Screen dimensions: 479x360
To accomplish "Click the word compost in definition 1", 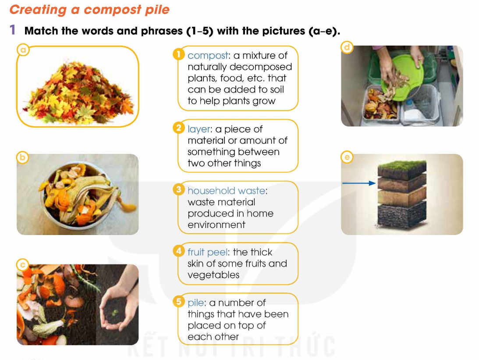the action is (x=208, y=56).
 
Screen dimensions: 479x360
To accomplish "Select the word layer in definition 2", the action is (x=199, y=130).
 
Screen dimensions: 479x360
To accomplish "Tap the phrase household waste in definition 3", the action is (x=227, y=191).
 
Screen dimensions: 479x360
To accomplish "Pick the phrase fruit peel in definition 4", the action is (x=207, y=253).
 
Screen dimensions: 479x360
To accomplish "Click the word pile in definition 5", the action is (x=195, y=303).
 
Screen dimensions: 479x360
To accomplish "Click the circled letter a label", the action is (x=23, y=50).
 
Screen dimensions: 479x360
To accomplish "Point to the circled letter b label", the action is (x=22, y=157).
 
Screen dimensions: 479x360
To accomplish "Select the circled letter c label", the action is (x=23, y=265).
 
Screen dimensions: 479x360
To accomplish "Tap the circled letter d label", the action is (x=347, y=47).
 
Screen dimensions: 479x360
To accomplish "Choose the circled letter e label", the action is (x=347, y=157).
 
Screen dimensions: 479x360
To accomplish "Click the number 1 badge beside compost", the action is (x=179, y=54).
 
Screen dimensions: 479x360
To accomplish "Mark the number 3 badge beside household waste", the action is (x=179, y=189).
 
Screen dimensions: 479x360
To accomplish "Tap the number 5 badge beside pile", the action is (x=179, y=301).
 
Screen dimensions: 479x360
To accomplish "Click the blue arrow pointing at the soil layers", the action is (x=359, y=183).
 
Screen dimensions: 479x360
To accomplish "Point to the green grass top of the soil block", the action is (x=402, y=166).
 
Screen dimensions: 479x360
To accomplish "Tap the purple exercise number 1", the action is (x=13, y=30).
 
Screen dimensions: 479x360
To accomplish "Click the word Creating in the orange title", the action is (x=38, y=10).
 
